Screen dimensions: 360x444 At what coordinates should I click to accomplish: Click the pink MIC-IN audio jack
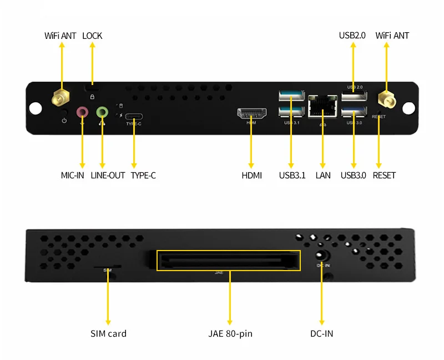(82, 112)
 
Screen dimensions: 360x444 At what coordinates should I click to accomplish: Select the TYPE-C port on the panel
(134, 117)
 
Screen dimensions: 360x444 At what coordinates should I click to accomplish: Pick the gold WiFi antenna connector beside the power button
(60, 98)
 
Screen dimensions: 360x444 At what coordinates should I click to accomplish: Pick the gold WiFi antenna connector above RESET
(386, 99)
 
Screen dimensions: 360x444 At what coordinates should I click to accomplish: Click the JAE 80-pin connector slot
(228, 260)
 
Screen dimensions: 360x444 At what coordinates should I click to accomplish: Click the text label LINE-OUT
(108, 176)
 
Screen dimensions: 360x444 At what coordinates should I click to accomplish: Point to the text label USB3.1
(292, 176)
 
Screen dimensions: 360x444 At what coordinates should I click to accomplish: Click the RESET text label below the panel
(384, 176)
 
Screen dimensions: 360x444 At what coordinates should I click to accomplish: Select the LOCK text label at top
(92, 36)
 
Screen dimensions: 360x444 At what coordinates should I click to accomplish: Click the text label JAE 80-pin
(230, 334)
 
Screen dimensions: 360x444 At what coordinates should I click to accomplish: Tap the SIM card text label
(108, 334)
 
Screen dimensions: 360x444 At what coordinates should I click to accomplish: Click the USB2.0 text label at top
(352, 36)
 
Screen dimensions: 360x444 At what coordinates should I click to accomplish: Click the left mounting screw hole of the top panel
(36, 108)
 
